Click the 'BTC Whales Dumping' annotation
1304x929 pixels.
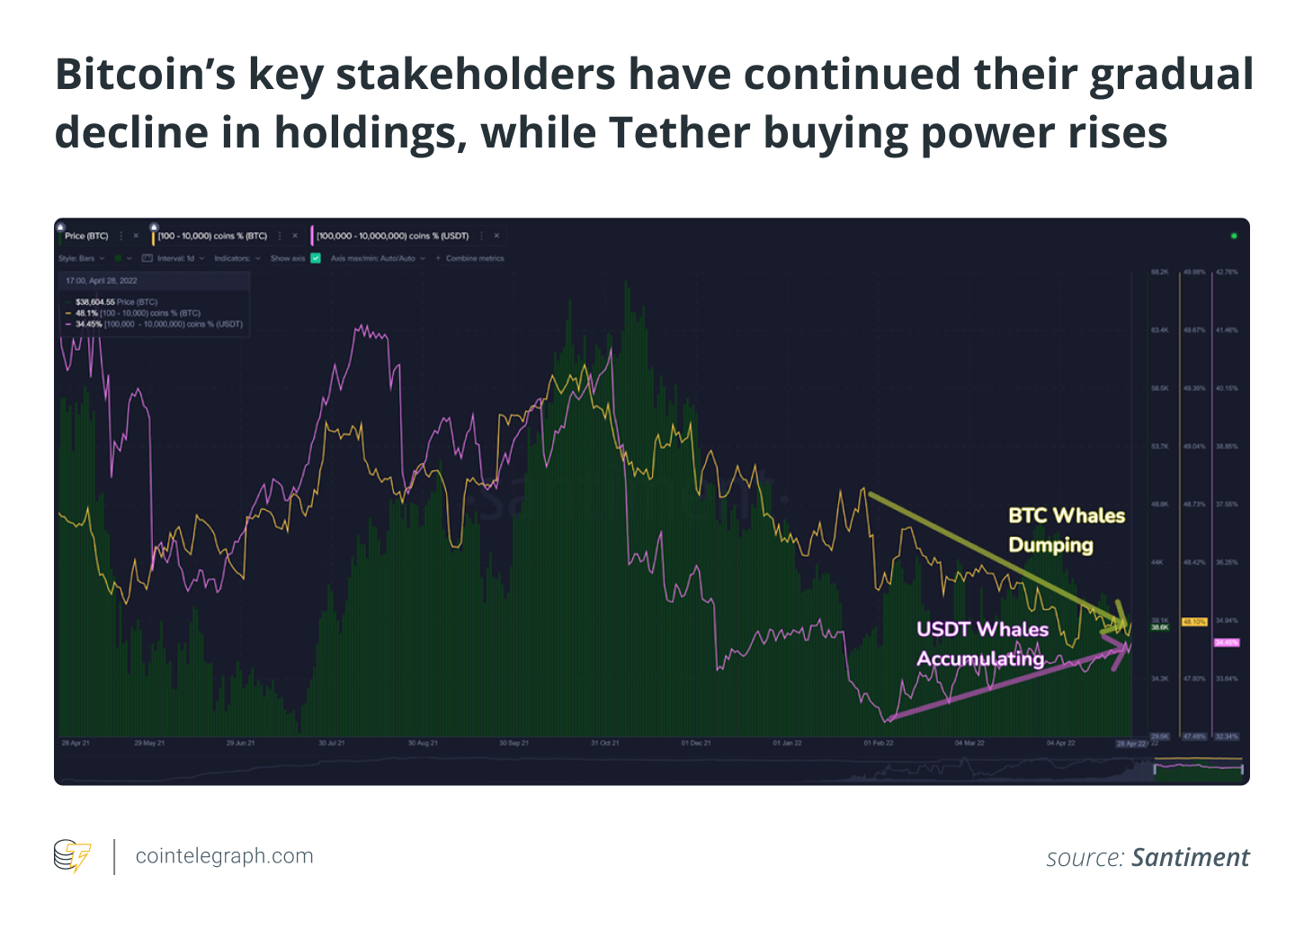pos(1067,530)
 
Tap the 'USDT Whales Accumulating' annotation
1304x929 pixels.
pos(981,644)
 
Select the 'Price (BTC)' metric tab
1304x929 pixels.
pos(86,236)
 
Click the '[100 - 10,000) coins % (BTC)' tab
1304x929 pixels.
pos(212,236)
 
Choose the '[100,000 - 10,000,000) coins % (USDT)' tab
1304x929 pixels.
pos(392,236)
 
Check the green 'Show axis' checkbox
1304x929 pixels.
pos(316,258)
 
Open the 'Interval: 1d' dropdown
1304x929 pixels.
pos(175,258)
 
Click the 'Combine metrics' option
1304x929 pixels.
pos(474,258)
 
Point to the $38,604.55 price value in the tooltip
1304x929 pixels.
pos(95,302)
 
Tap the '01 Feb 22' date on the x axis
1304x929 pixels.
pos(879,744)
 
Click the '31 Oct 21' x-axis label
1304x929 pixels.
pos(604,744)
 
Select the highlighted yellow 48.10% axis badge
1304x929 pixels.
pos(1194,621)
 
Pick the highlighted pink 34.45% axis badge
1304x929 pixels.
pos(1226,642)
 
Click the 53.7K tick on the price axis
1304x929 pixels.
pos(1160,446)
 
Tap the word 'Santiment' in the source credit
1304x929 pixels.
pos(1190,858)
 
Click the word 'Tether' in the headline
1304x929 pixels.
pos(678,132)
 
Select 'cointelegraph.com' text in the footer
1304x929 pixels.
pos(224,856)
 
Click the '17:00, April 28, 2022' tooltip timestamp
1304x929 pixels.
pos(102,281)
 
